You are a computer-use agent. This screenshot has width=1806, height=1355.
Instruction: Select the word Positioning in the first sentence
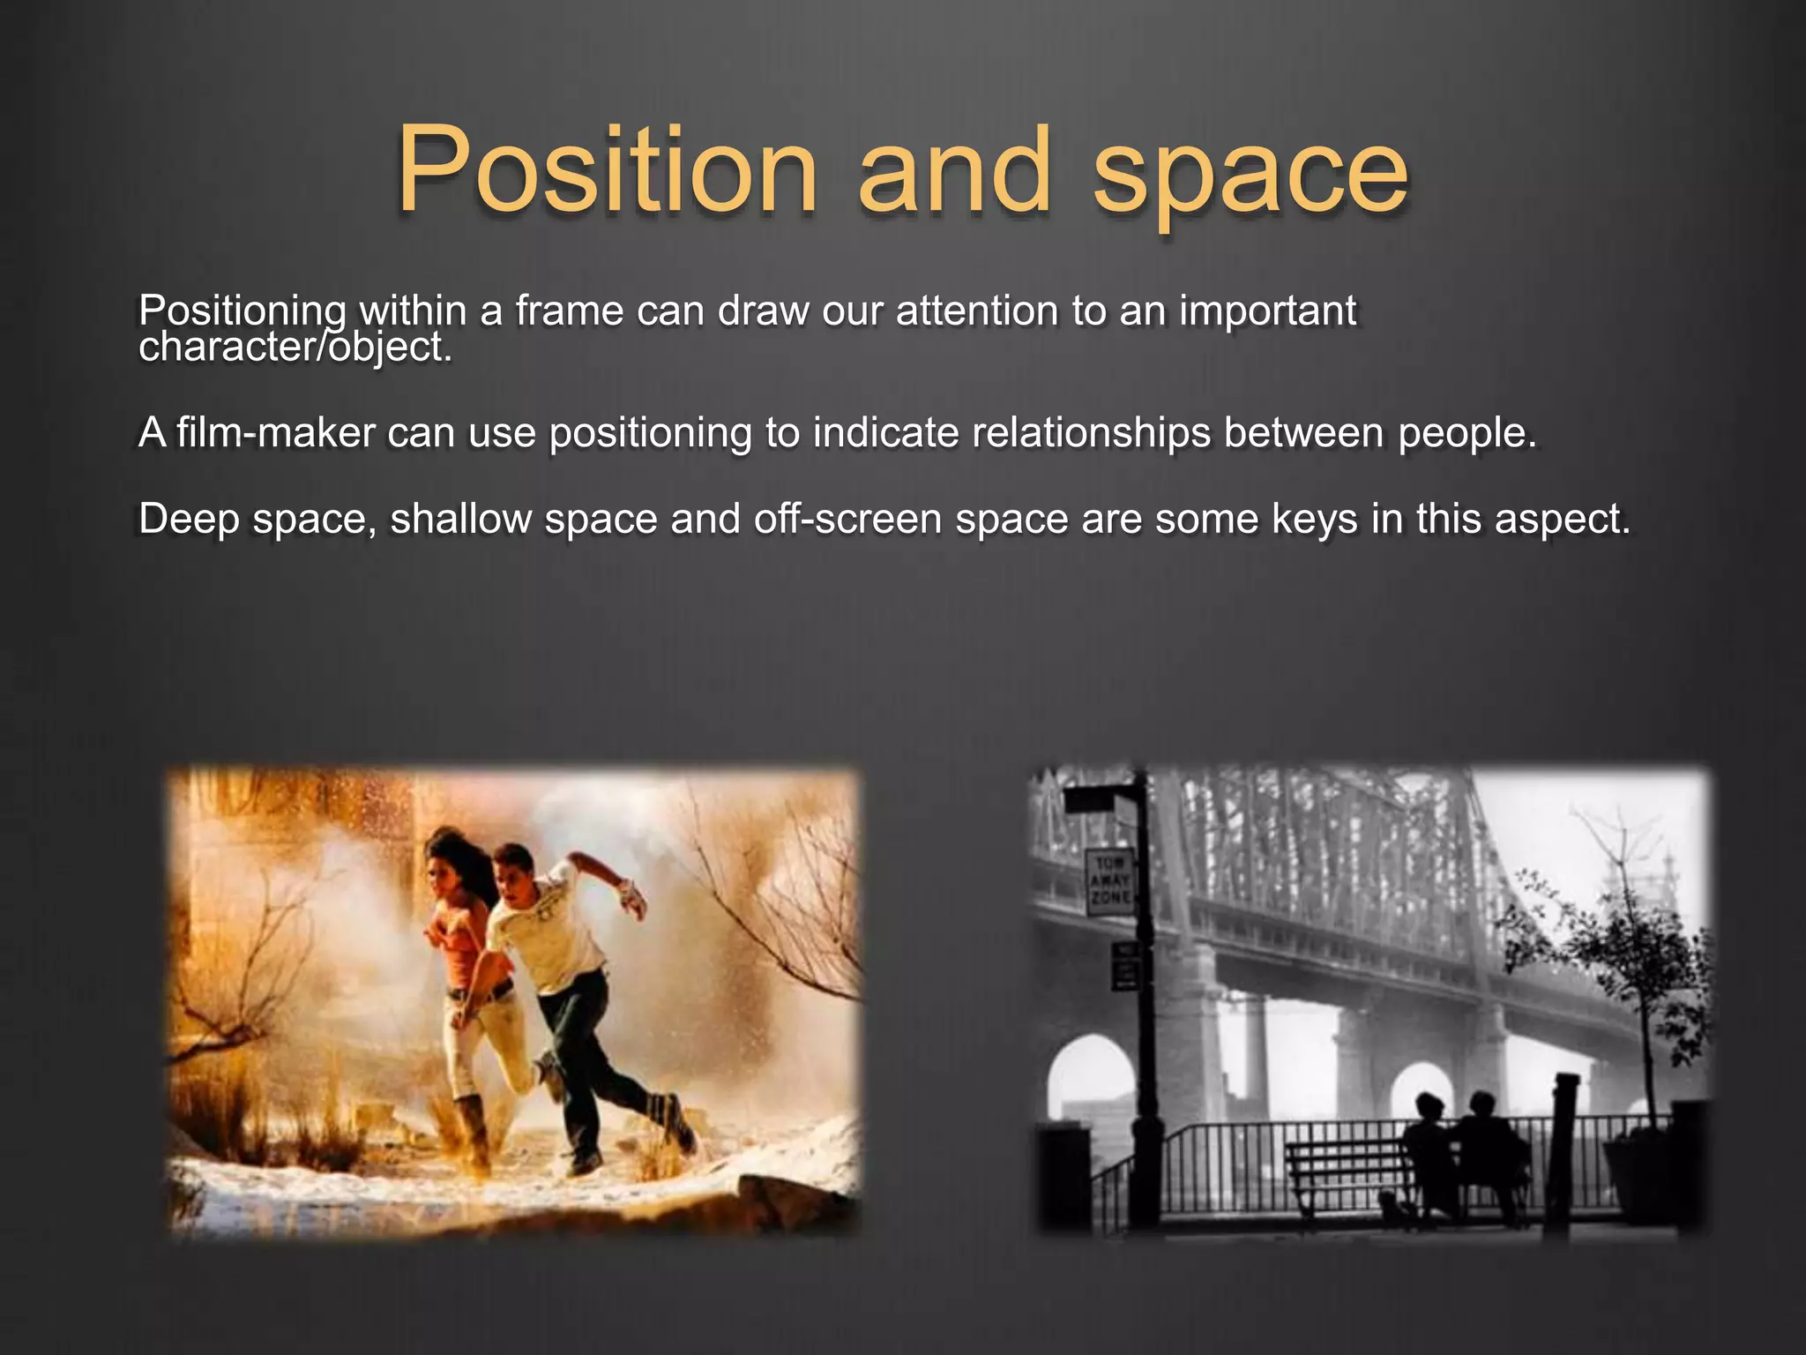coord(242,311)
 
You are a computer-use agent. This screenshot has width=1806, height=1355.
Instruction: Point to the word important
coord(1267,311)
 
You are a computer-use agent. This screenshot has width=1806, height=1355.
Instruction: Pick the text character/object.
coord(295,347)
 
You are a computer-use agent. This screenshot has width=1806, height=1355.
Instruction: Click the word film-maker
coord(275,432)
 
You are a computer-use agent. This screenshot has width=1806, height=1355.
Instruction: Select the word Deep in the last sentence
coord(189,519)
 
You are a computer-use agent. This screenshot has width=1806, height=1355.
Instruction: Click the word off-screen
coord(847,519)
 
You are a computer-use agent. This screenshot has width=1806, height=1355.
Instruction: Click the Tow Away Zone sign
coord(1108,882)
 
